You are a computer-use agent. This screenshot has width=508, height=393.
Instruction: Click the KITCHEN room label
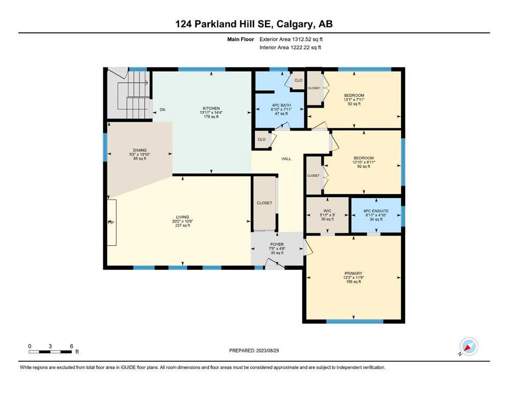pos(211,108)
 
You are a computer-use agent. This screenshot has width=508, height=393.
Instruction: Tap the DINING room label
pos(140,150)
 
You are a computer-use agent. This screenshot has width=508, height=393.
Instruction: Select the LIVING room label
pos(183,217)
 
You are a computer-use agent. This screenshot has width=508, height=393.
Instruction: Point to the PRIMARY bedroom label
pos(353,273)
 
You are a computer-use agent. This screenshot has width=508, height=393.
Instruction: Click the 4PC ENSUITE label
pos(376,211)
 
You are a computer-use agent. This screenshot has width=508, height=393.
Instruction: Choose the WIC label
pos(327,211)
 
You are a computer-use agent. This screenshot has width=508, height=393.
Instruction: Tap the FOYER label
pos(277,245)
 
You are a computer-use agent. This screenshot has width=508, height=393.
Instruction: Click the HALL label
pos(286,159)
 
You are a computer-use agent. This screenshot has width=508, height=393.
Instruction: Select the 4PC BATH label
pos(281,105)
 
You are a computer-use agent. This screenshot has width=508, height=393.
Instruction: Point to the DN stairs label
pos(162,110)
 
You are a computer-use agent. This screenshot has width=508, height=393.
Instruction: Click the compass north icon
pos(469,346)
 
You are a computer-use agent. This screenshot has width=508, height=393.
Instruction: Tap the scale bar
pos(50,352)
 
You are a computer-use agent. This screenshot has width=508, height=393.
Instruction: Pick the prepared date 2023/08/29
pos(267,351)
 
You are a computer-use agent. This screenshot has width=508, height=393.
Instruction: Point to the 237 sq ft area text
pos(183,226)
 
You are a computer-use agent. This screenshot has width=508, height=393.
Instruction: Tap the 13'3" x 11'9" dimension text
pos(353,278)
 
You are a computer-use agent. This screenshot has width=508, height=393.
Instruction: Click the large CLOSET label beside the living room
pos(264,203)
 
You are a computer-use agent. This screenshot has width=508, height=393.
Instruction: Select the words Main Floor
pos(240,39)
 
